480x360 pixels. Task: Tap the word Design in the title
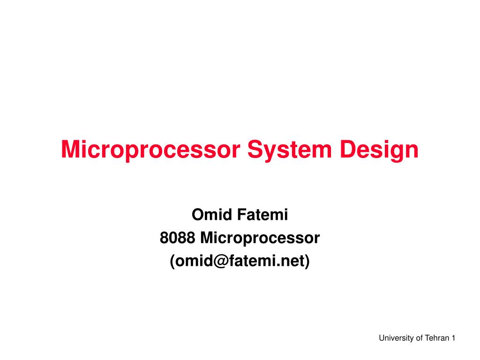(x=381, y=150)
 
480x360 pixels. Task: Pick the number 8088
(x=178, y=238)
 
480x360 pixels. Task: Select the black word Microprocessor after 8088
(x=260, y=238)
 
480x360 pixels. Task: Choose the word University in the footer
(x=397, y=338)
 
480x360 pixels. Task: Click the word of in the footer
(x=419, y=338)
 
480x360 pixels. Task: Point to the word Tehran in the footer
(x=437, y=338)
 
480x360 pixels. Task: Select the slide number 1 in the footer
(x=454, y=338)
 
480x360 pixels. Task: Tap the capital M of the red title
(x=70, y=150)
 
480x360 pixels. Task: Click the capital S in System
(x=255, y=150)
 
